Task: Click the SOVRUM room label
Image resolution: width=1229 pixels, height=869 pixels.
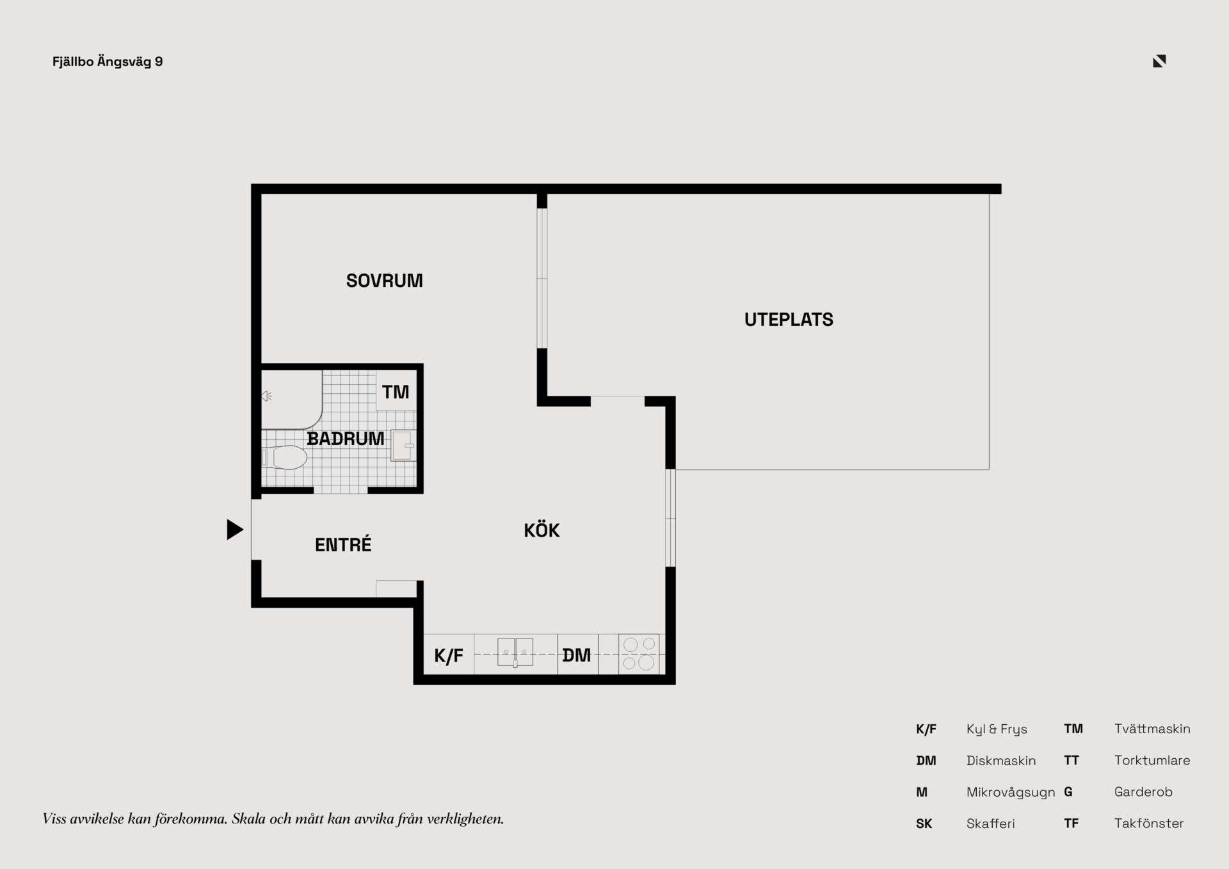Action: (384, 280)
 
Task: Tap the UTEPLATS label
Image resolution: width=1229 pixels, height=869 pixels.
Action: (789, 320)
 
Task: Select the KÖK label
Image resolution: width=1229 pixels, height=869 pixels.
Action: (542, 530)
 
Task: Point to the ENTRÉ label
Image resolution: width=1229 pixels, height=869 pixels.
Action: (343, 544)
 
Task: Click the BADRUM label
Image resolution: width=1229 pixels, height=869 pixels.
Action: (346, 439)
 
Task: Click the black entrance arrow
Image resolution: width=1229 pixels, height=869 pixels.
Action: (235, 530)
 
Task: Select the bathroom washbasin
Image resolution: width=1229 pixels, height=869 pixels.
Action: (403, 446)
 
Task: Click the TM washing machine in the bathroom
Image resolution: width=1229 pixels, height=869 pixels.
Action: (396, 391)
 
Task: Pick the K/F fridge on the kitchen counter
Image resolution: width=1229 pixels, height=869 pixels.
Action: (449, 654)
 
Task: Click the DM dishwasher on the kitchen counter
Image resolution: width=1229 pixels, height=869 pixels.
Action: (577, 654)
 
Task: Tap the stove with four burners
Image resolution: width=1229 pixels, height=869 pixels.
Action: (639, 654)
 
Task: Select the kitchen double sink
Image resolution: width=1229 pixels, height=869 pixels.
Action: (515, 653)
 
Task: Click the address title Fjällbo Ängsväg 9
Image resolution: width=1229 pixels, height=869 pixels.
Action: (108, 61)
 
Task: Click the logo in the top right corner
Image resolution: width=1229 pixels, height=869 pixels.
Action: (1159, 61)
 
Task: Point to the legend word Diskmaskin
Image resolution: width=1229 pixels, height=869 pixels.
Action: (1001, 760)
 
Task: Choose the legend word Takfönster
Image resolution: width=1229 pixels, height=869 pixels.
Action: (1149, 824)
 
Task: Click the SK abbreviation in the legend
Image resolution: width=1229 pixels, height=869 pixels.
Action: (924, 824)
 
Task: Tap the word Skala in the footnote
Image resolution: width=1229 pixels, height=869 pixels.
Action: (248, 818)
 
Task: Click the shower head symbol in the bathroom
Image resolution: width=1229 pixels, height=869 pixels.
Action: (267, 396)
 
